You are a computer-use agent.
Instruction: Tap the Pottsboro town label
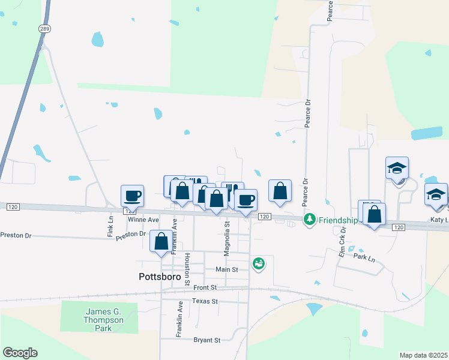155,277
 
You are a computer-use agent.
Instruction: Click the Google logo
20,353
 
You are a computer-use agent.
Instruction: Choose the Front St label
205,288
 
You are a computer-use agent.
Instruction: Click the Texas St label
205,301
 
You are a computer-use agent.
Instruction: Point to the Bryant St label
207,340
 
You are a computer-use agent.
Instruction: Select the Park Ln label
364,257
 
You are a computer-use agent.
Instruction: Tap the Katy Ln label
439,220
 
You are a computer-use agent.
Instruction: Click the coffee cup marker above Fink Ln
132,196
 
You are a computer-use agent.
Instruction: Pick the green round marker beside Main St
259,263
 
